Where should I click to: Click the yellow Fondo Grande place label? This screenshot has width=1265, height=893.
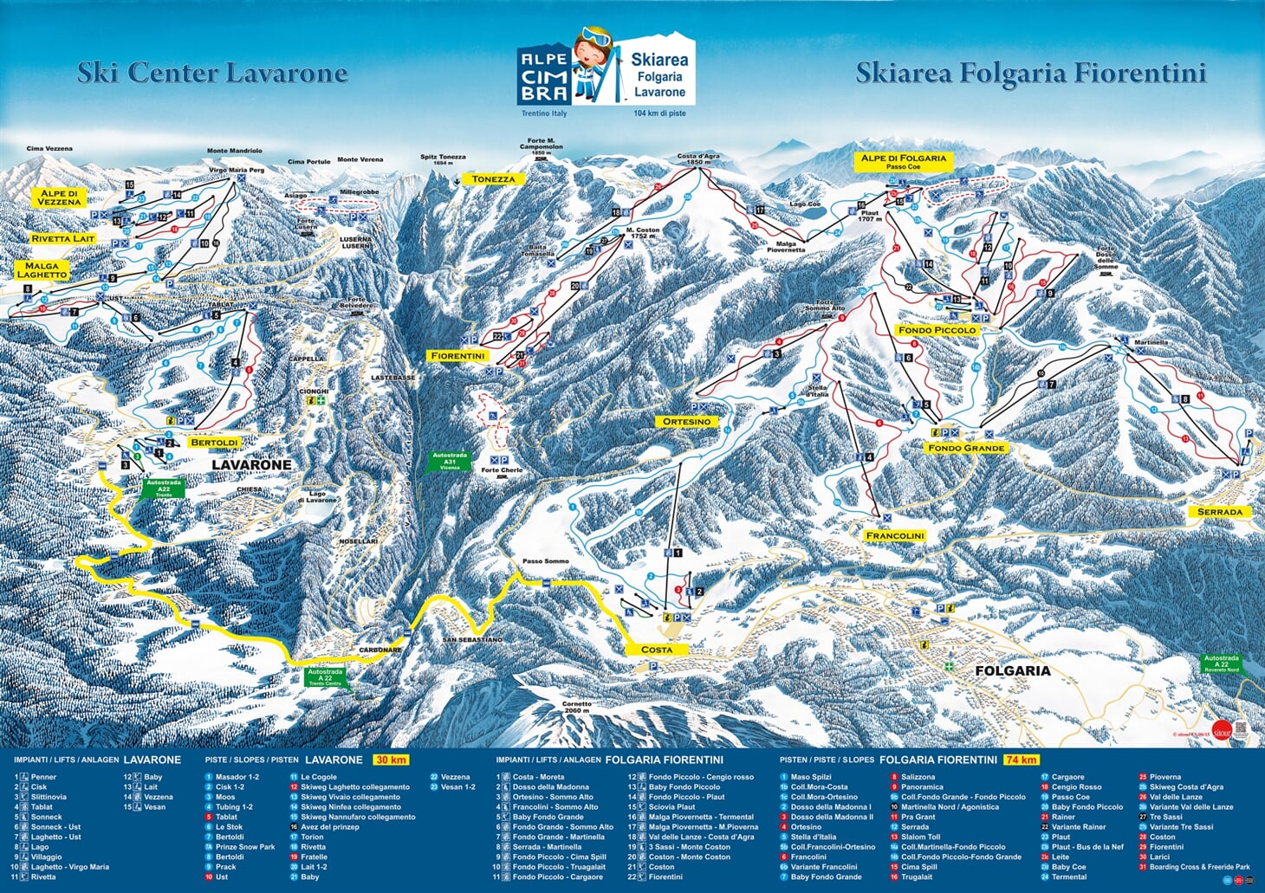tap(966, 448)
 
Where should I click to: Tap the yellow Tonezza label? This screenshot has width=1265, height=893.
tap(493, 179)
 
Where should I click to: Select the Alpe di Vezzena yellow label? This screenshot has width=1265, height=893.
tap(60, 197)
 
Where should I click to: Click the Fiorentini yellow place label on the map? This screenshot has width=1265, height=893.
tap(458, 356)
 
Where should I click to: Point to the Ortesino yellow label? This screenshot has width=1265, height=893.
tap(686, 422)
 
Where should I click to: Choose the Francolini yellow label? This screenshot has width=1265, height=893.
tap(894, 536)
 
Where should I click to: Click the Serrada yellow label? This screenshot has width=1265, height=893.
tap(1219, 512)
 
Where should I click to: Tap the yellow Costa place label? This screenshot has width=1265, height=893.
tap(656, 650)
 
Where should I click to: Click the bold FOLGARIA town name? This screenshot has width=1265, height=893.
tap(1012, 670)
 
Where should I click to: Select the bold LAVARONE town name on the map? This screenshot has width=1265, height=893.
tap(252, 465)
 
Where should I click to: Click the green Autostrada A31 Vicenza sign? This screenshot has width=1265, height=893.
tap(450, 461)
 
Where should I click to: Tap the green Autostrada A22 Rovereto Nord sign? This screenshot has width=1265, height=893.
tap(1221, 663)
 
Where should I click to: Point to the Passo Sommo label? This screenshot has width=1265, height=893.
tap(546, 561)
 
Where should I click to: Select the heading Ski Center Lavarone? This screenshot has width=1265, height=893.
tap(212, 73)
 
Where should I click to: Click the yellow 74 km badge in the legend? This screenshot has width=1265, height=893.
tap(1021, 760)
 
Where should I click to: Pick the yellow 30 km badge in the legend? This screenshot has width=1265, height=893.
tap(390, 760)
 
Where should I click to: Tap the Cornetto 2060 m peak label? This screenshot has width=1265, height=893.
tap(576, 707)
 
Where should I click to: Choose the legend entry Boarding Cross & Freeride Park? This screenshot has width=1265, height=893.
tap(1199, 867)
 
